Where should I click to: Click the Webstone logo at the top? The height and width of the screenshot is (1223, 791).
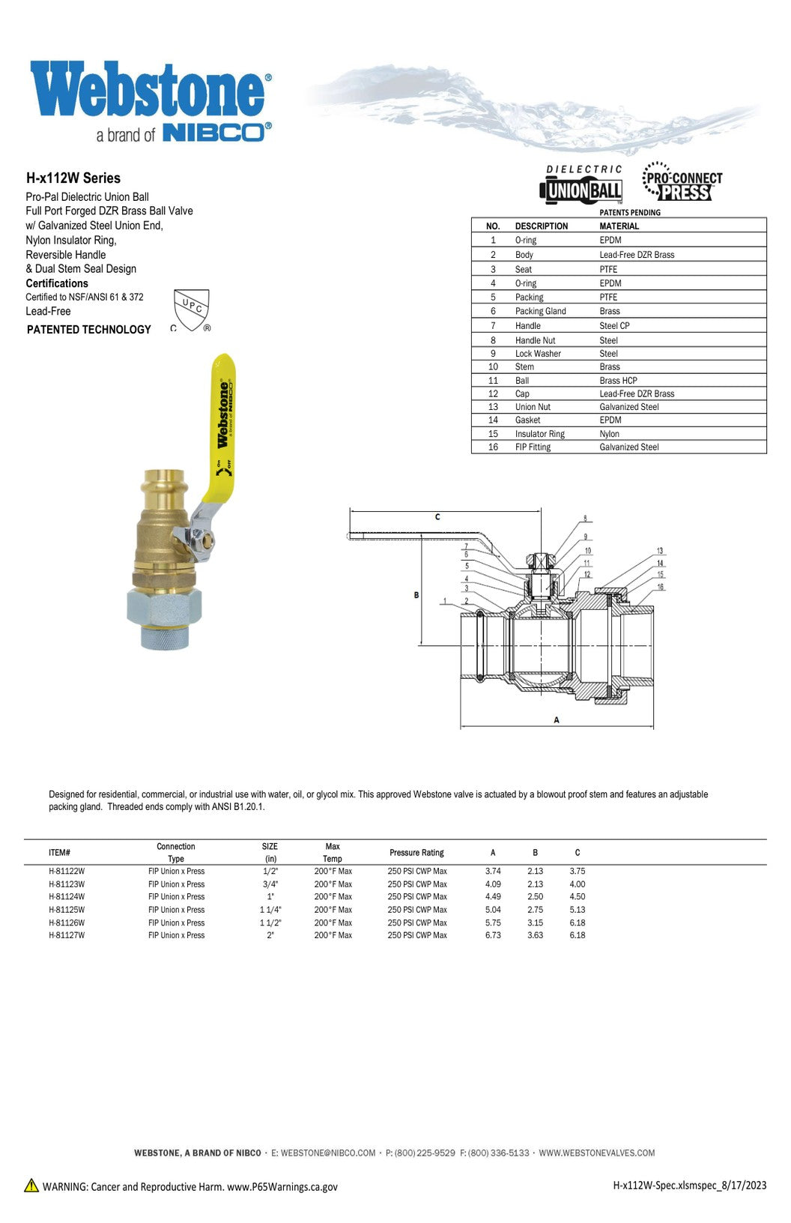pyautogui.click(x=151, y=101)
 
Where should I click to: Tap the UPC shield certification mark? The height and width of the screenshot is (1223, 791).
pyautogui.click(x=191, y=309)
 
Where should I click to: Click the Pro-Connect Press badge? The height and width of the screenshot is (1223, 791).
pyautogui.click(x=682, y=182)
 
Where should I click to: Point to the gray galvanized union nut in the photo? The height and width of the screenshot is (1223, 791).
pyautogui.click(x=165, y=609)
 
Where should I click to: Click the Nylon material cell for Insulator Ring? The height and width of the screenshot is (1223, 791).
pyautogui.click(x=609, y=433)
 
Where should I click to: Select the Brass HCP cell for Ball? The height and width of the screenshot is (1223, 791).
pyautogui.click(x=618, y=381)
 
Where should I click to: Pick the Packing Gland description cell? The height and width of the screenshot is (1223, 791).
pyautogui.click(x=540, y=311)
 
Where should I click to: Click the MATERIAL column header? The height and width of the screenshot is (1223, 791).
pyautogui.click(x=619, y=226)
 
